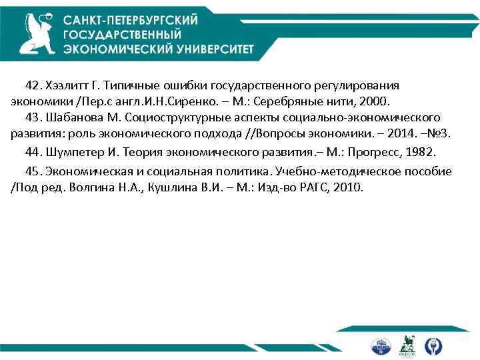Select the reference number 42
(x=33, y=86)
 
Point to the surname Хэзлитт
(x=67, y=86)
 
